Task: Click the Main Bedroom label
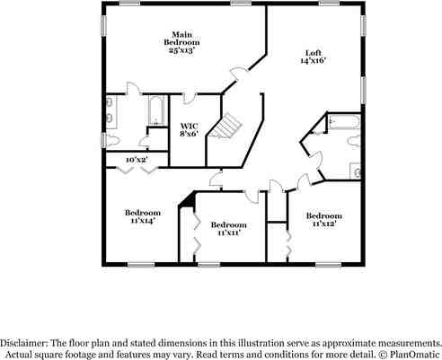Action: tap(181, 38)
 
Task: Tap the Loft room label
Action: tap(314, 53)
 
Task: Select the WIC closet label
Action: tap(189, 126)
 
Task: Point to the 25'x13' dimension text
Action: tap(181, 50)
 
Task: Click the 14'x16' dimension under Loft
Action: tap(314, 61)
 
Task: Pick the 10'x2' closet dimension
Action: tap(136, 160)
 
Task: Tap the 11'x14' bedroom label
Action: tap(142, 216)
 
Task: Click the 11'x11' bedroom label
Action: tap(229, 229)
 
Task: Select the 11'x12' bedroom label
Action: tap(323, 220)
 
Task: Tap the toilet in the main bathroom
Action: tap(109, 141)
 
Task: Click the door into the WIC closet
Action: tap(190, 99)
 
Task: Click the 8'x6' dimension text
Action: tap(189, 135)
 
